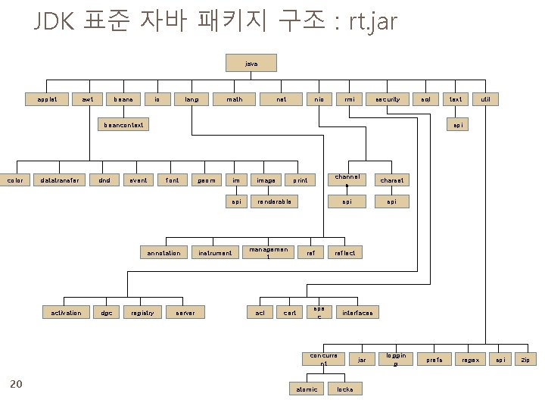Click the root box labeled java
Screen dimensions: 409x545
[252, 64]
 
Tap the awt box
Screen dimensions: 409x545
[89, 98]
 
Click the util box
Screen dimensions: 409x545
[485, 98]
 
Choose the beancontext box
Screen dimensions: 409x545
[123, 123]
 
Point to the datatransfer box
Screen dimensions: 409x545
[58, 180]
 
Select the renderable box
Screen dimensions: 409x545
[273, 201]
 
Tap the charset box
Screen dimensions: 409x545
[391, 180]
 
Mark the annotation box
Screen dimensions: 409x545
[163, 252]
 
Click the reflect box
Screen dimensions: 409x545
[344, 252]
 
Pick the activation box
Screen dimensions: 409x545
[66, 312]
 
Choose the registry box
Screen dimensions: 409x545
[143, 312]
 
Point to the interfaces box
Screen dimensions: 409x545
[357, 312]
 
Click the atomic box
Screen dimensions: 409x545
[307, 389]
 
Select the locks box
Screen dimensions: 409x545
[344, 389]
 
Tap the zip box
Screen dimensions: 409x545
[525, 358]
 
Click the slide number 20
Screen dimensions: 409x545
[16, 384]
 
